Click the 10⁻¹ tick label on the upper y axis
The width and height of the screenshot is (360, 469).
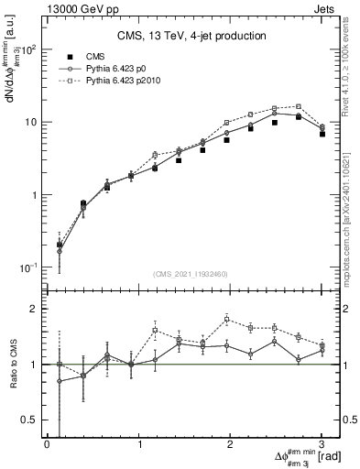(26, 267)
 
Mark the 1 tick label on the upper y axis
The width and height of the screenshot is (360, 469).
(31, 194)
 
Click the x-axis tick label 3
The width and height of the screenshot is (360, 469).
(322, 444)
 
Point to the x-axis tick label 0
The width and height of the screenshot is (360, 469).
(47, 444)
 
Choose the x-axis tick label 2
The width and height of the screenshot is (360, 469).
(230, 444)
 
